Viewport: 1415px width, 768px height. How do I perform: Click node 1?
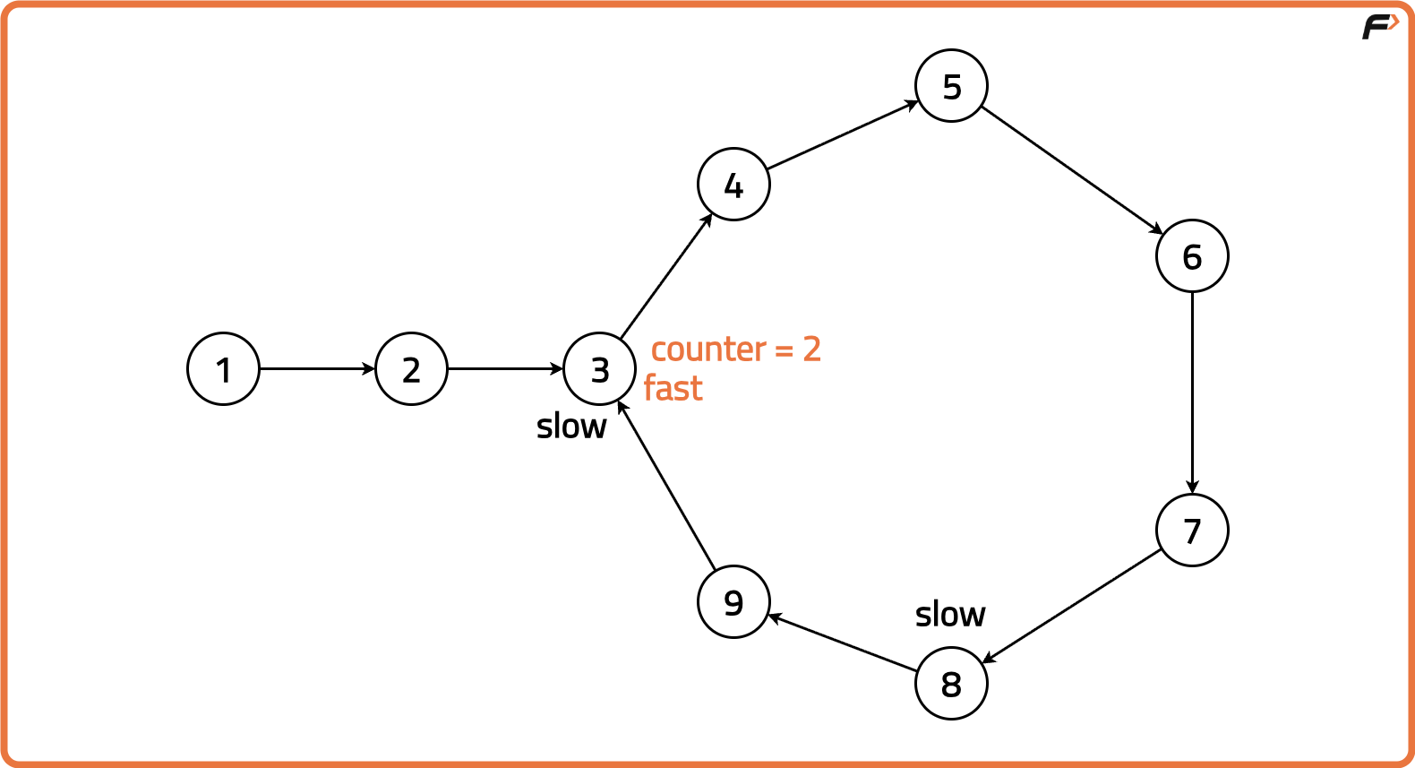(x=223, y=368)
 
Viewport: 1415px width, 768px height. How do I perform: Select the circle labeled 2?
(x=411, y=368)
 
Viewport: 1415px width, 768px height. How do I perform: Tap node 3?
(x=599, y=368)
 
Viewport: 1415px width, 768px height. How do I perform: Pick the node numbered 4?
(x=733, y=184)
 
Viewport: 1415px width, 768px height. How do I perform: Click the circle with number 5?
(x=951, y=85)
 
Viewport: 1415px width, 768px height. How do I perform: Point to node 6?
(x=1192, y=256)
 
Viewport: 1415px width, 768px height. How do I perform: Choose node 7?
(x=1192, y=530)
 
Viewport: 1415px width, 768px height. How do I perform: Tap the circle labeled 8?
(x=951, y=683)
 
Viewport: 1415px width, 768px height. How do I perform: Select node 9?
(x=733, y=601)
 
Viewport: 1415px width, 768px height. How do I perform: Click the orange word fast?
(x=673, y=388)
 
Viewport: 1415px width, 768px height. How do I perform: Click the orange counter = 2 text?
(x=736, y=349)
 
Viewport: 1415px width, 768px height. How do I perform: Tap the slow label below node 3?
(x=571, y=426)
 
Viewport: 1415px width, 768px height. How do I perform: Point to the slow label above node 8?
(x=950, y=614)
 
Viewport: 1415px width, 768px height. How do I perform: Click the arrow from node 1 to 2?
(x=317, y=368)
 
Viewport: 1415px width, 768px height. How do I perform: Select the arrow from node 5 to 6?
(x=1073, y=170)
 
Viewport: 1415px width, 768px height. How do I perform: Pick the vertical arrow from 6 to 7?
(x=1192, y=393)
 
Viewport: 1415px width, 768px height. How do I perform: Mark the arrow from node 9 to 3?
(x=665, y=485)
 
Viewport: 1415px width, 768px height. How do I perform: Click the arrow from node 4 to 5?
(x=843, y=134)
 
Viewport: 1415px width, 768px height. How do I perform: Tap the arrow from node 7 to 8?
(x=1072, y=606)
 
